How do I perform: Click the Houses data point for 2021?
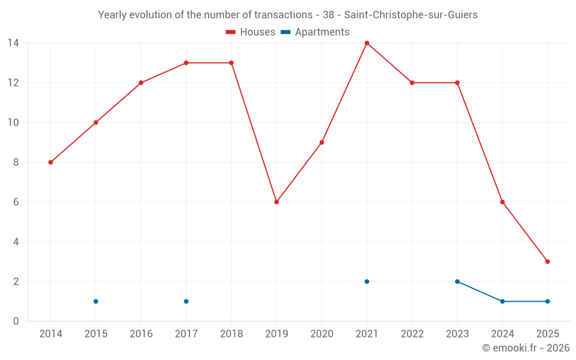367,43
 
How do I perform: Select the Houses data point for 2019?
276,202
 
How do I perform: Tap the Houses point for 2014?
51,162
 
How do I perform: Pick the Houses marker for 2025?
547,262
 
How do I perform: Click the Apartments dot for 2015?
96,301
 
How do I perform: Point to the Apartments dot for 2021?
367,282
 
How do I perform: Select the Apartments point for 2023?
457,282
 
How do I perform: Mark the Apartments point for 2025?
547,301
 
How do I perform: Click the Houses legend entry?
251,32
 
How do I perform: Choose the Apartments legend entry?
315,32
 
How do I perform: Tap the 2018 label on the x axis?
231,334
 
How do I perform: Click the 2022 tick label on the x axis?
412,334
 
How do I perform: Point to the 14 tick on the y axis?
13,43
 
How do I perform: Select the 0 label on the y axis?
16,321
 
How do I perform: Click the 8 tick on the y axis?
16,162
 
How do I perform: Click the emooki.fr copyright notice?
525,348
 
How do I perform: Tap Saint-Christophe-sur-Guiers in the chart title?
411,15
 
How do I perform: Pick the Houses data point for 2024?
502,202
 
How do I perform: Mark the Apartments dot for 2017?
186,301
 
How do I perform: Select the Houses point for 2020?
321,142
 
